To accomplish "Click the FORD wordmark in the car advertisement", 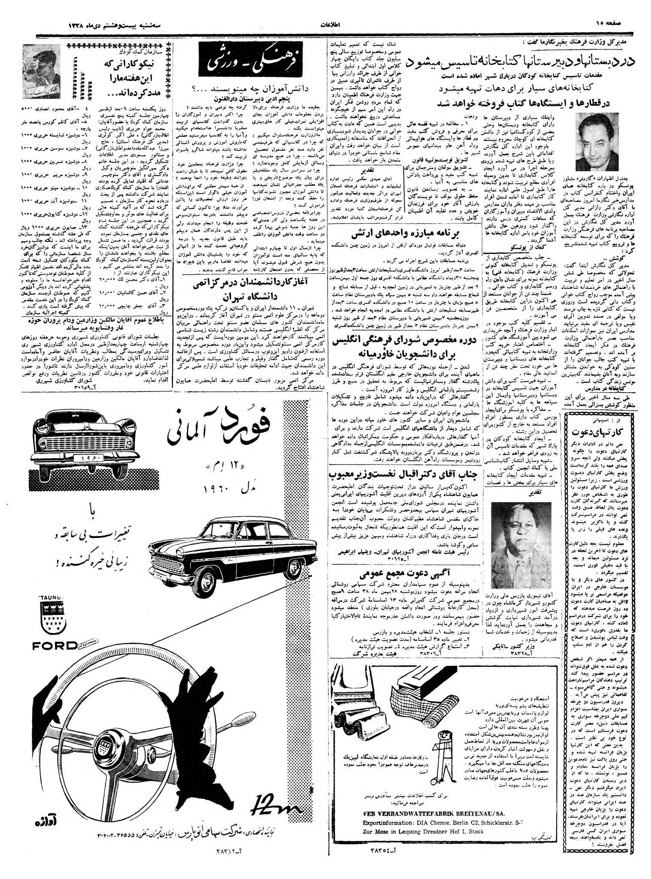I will click(x=55, y=646).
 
